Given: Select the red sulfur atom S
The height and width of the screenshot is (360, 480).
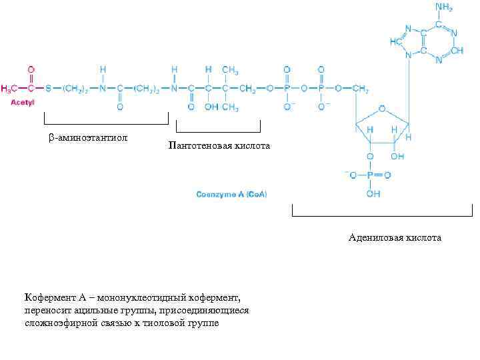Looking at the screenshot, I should tap(48, 88).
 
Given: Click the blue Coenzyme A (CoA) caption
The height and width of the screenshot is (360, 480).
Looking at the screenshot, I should tap(231, 194).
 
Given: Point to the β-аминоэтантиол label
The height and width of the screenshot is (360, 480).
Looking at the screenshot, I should tap(87, 138).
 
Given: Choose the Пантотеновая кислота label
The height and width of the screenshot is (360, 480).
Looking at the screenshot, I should tap(219, 145).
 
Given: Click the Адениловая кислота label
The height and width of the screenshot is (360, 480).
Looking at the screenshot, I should tap(395, 237).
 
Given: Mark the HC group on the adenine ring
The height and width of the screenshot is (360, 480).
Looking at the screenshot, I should tap(396, 41).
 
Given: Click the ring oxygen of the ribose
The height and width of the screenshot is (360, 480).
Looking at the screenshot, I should tap(381, 107).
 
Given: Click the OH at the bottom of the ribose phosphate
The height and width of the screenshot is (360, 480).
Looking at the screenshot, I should tap(373, 194).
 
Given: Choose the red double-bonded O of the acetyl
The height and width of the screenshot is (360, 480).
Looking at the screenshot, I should tap(31, 69).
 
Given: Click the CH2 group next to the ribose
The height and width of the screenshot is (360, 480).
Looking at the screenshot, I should tap(361, 88).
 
